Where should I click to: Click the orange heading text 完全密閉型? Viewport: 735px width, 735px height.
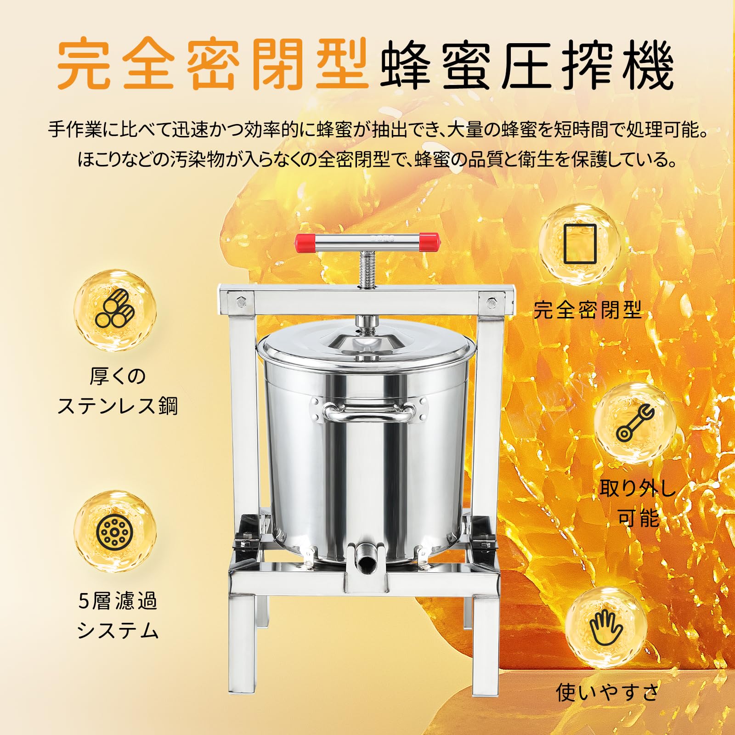[x=212, y=65]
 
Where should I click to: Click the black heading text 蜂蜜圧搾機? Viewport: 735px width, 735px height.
[x=526, y=65]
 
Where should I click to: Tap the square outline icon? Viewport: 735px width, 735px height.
[x=580, y=243]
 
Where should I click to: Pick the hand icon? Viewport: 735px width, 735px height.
[x=606, y=628]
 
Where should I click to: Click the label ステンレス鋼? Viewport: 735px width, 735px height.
[x=118, y=406]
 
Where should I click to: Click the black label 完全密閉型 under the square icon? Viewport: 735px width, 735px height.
[x=588, y=311]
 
